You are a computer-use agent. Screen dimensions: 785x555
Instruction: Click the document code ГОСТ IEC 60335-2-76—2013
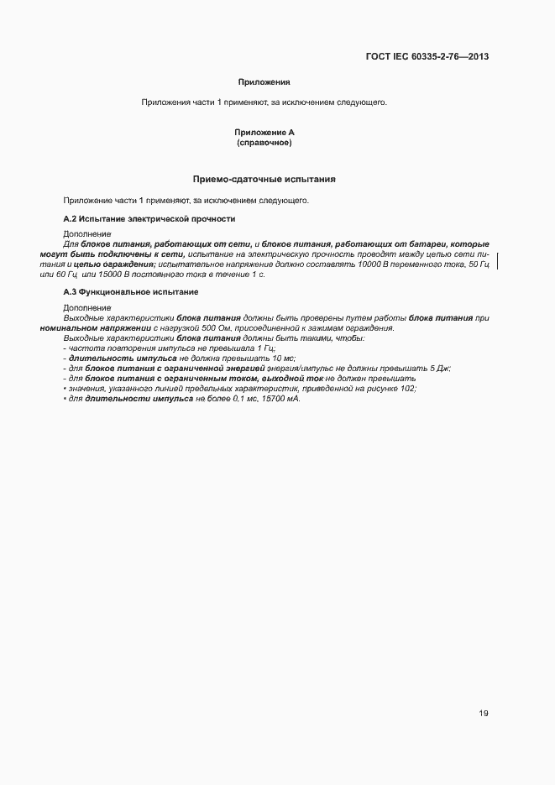click(427, 57)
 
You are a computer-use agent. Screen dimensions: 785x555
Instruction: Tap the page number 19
click(484, 714)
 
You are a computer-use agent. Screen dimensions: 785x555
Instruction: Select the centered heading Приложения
click(264, 82)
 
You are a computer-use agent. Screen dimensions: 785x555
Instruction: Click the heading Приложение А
click(264, 133)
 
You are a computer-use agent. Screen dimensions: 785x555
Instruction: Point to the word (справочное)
click(264, 143)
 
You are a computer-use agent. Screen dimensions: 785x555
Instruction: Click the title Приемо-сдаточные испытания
click(264, 180)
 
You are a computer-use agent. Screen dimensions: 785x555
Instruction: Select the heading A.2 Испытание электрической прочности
click(149, 218)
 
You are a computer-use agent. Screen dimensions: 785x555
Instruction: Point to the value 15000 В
click(97, 274)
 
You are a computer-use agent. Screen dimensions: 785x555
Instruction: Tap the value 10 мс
click(273, 358)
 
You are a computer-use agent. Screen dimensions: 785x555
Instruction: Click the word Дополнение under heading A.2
click(86, 233)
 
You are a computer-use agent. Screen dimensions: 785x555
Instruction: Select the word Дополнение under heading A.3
click(86, 307)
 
